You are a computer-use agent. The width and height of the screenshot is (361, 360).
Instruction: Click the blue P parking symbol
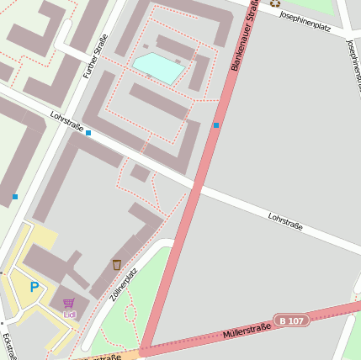click(35, 287)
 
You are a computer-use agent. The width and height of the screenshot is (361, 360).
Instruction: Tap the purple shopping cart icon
click(68, 303)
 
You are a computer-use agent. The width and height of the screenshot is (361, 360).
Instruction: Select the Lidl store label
click(69, 315)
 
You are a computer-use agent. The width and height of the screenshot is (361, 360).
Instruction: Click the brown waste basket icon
click(116, 265)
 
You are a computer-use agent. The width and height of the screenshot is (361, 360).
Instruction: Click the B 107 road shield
click(291, 320)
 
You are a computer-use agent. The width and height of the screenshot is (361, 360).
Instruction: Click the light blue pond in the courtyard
click(158, 67)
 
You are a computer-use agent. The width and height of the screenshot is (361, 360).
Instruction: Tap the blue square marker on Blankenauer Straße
click(216, 125)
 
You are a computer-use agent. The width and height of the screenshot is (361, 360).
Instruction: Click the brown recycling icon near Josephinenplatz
click(274, 3)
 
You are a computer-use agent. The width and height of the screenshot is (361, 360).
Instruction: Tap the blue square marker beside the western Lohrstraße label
click(88, 133)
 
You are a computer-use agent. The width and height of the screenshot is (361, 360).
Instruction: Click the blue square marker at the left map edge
click(15, 197)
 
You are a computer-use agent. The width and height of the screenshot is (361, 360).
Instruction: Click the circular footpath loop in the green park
click(130, 314)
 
